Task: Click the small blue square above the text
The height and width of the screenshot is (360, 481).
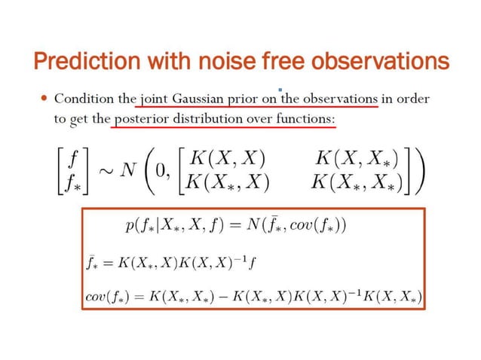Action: click(280, 90)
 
